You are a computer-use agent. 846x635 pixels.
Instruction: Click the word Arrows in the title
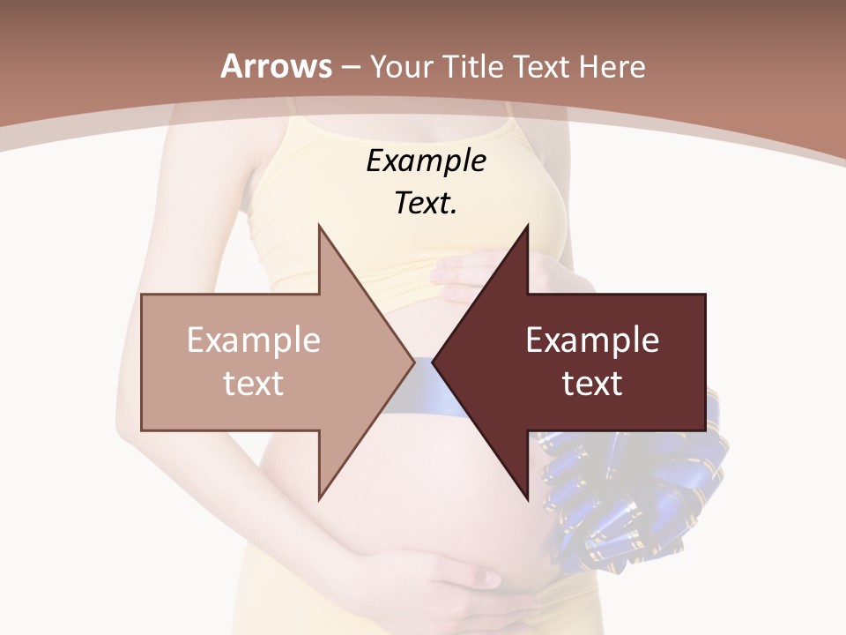[x=277, y=66]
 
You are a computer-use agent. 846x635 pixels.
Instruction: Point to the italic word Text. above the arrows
[x=426, y=204]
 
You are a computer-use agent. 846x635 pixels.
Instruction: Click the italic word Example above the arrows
[x=426, y=161]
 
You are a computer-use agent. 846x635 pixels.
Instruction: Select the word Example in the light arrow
[x=254, y=340]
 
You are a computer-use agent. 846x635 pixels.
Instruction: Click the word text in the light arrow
[x=254, y=384]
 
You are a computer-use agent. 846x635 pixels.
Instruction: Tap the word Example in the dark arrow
[x=592, y=340]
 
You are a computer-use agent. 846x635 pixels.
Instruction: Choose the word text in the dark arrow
[x=592, y=384]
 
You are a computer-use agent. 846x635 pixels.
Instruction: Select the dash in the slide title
[x=350, y=67]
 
